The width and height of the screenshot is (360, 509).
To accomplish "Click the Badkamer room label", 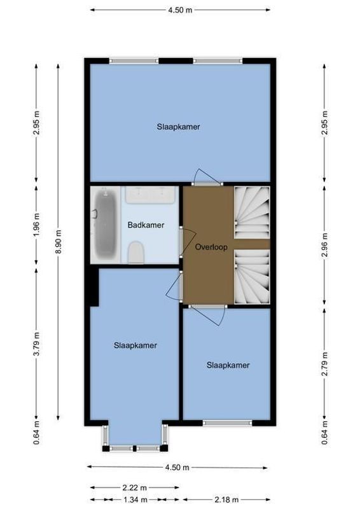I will (x=146, y=225).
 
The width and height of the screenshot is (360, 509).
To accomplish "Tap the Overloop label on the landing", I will (x=208, y=246).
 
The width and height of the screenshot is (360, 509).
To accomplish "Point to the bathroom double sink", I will (x=151, y=194).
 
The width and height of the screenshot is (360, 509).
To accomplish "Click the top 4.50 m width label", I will (x=179, y=10).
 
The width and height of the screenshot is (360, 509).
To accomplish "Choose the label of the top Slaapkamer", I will (x=179, y=127).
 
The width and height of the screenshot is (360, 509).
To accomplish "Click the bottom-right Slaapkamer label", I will (x=228, y=365).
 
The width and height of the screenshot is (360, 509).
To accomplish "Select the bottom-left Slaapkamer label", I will (x=135, y=345).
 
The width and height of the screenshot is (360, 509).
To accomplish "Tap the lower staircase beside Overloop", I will (x=252, y=276).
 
